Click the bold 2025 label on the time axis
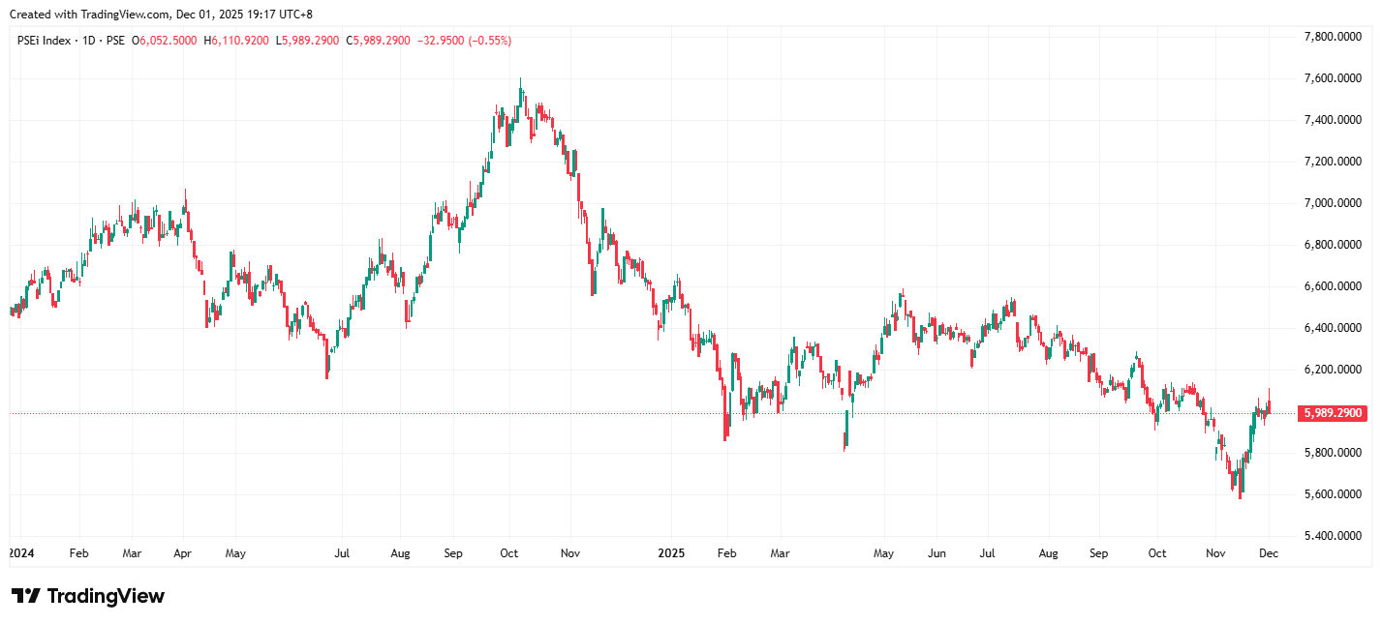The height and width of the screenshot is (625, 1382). (x=671, y=554)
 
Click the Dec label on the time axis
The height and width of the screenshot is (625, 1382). (x=1269, y=554)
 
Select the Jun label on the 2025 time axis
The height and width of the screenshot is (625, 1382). (x=937, y=554)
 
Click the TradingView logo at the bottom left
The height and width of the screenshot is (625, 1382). (x=88, y=596)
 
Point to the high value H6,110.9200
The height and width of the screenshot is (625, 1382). (x=236, y=41)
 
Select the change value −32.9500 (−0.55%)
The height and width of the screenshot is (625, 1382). (x=464, y=41)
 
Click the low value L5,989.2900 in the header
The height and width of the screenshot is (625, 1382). (x=308, y=41)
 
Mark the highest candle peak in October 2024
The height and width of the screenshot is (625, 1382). (x=521, y=79)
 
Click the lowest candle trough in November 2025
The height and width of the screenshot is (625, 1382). (x=1241, y=497)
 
